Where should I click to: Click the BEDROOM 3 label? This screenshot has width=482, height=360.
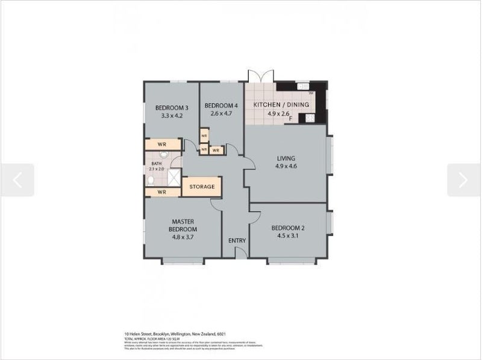coord(172,108)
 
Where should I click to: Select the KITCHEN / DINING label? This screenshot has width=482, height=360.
coord(281,105)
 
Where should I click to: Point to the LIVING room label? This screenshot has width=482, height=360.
coord(286,158)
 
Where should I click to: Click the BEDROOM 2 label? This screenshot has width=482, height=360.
coord(288,228)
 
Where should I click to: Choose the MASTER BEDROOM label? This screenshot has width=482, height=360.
coord(183,225)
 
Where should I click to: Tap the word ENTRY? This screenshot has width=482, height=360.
coord(237,241)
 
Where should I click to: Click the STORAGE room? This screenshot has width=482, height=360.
coord(202,187)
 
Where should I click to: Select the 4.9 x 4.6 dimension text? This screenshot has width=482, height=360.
coord(286,166)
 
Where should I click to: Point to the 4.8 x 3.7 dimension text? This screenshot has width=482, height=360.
coord(183,237)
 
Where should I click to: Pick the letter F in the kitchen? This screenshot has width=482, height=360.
coord(290,119)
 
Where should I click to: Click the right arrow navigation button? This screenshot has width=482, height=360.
coord(463,180)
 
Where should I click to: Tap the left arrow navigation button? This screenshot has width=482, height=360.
coord(17,180)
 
